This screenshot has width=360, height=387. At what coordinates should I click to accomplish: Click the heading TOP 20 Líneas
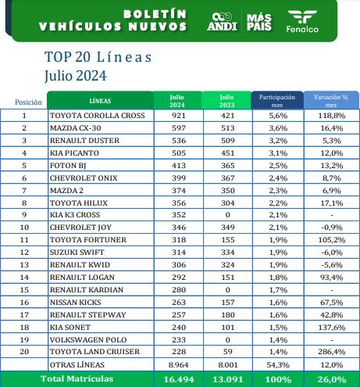click(98, 57)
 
